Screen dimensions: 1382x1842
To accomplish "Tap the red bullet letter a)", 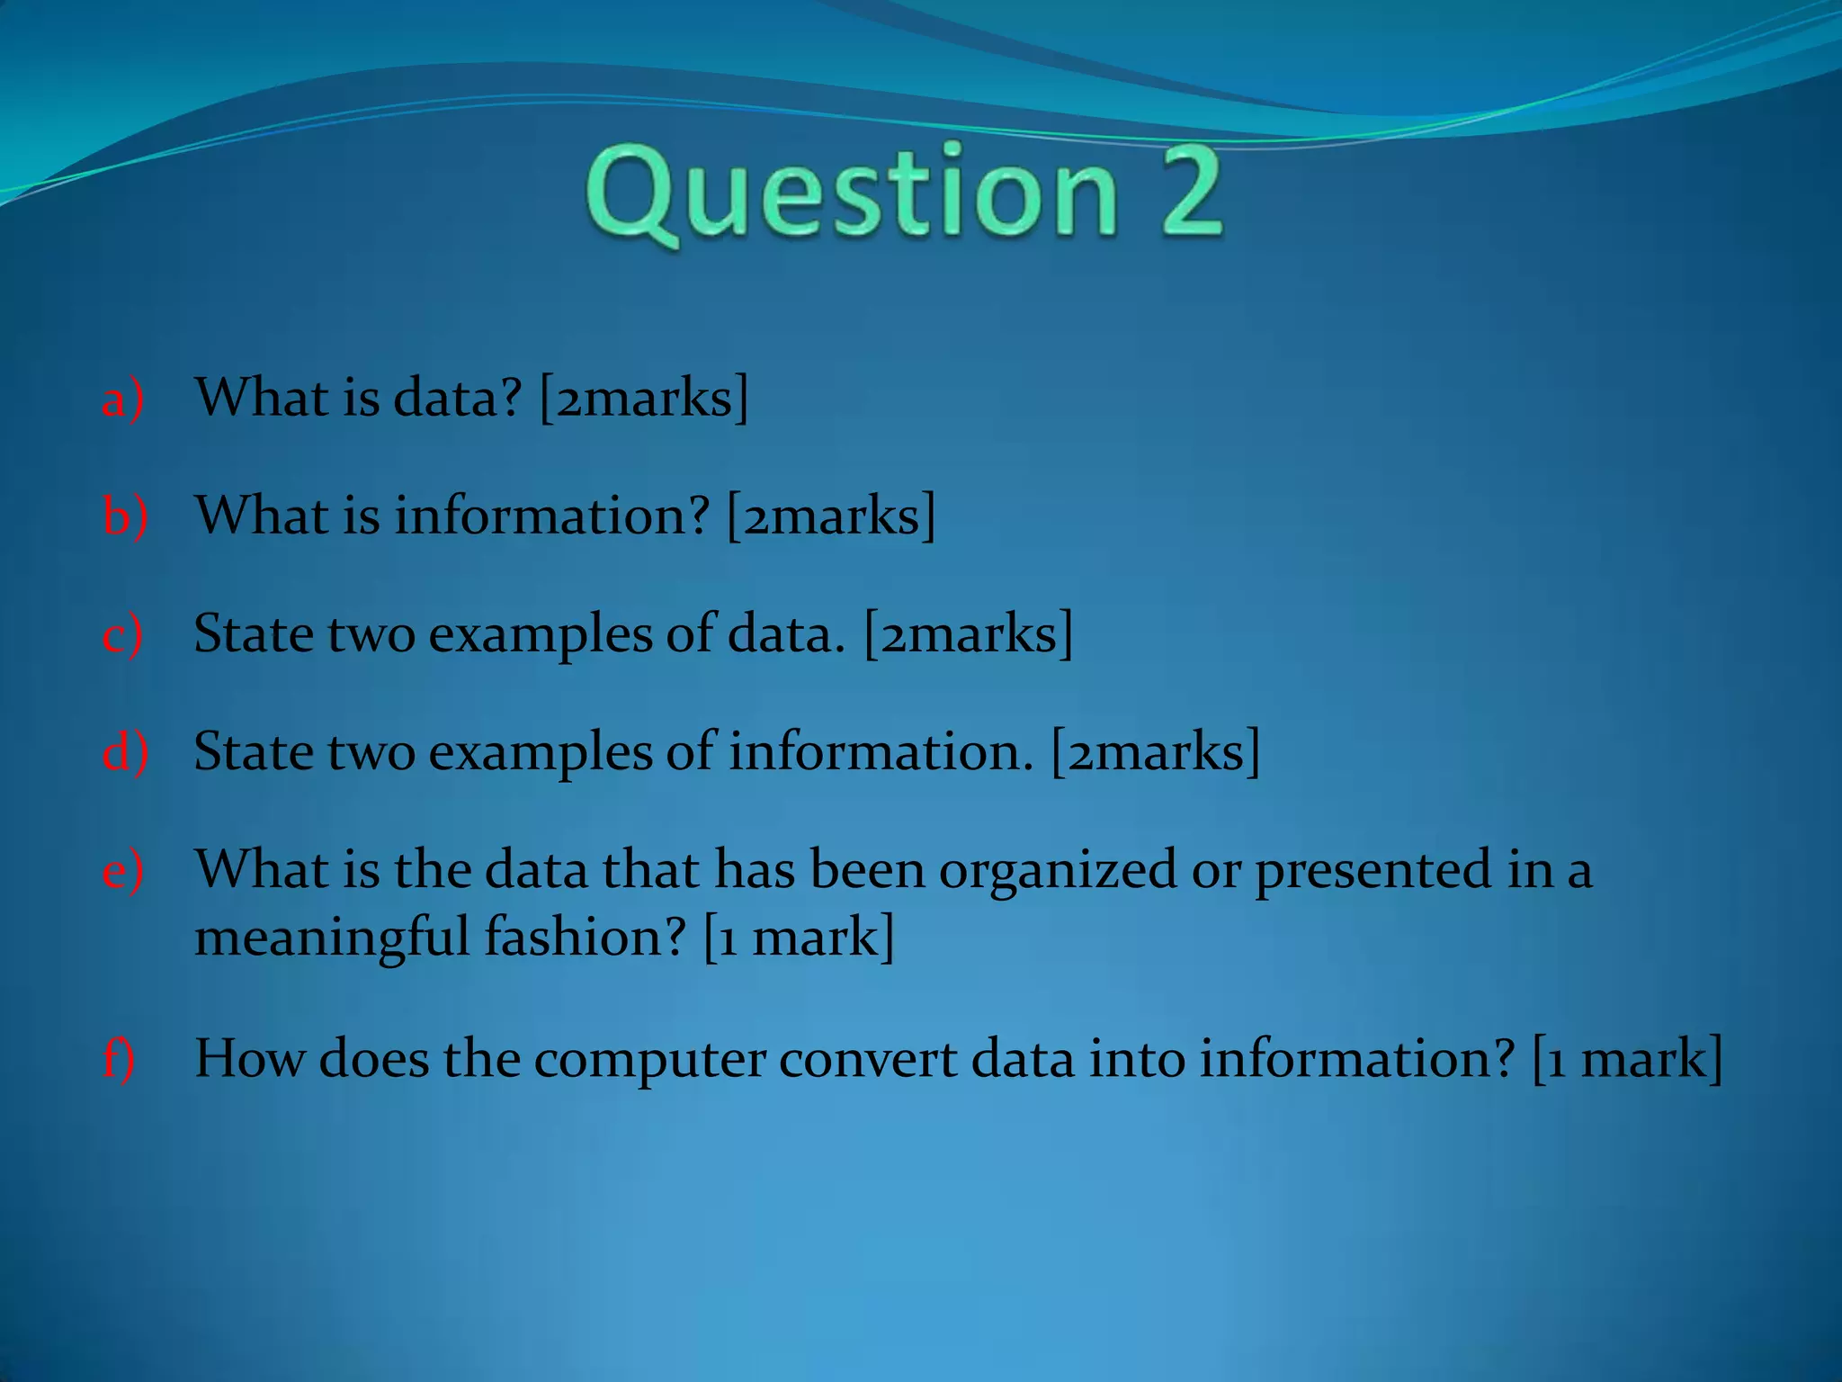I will tap(122, 399).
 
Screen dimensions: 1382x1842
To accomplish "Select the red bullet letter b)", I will tap(124, 516).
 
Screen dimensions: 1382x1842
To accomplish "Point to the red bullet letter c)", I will tap(122, 635).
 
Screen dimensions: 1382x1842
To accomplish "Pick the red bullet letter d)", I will tap(124, 752).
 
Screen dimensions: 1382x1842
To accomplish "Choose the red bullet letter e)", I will tap(122, 871).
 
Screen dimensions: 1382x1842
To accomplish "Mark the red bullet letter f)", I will tap(119, 1059).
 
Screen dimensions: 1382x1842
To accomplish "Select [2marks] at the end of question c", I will tap(969, 634).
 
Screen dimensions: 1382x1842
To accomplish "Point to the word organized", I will tap(1057, 871).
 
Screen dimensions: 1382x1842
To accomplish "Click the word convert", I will tap(867, 1059).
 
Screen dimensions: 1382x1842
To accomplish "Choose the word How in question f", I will tap(250, 1058).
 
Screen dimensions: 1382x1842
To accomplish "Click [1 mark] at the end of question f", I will tap(1627, 1059).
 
